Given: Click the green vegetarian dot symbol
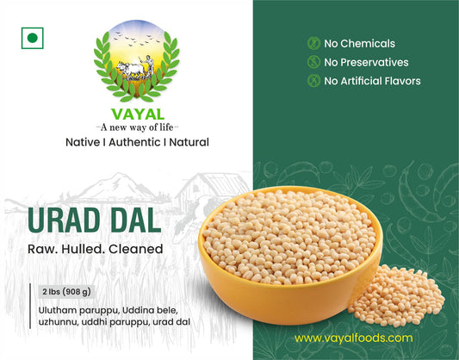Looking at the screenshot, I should tap(33, 38).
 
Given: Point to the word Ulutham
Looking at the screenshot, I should tap(58, 307).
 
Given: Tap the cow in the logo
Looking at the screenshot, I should tap(128, 72).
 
